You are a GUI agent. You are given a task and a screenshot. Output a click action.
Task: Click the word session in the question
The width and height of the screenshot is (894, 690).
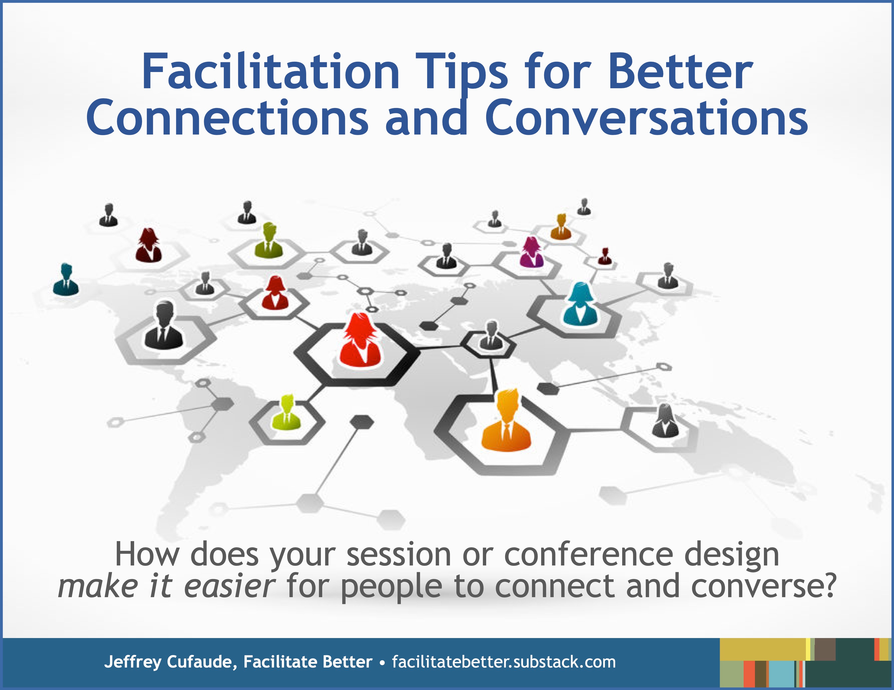click(x=399, y=555)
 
